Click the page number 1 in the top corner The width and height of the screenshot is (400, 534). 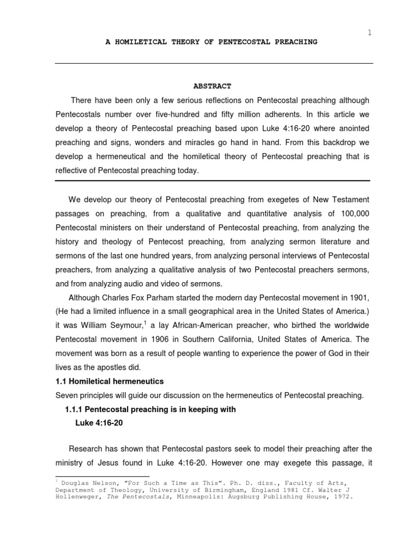pos(370,32)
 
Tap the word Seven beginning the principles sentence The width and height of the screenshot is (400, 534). pos(66,396)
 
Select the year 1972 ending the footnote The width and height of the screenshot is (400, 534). pos(341,497)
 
